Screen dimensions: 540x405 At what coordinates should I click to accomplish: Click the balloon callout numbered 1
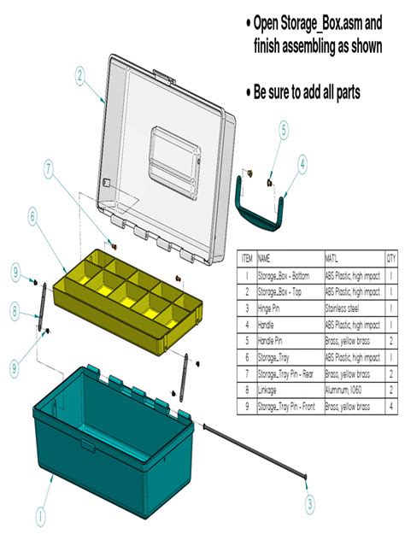tap(38, 515)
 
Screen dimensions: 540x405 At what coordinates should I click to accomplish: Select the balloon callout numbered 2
tap(79, 75)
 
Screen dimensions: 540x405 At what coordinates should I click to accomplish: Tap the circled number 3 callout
tap(308, 504)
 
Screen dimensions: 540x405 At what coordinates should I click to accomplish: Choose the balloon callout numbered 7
tap(49, 169)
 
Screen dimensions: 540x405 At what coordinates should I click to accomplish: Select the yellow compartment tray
tap(128, 295)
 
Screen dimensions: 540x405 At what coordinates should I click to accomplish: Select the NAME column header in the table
tap(266, 256)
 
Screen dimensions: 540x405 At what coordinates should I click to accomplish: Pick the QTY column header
tap(390, 256)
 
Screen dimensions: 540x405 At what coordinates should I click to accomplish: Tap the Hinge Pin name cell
tap(273, 307)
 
